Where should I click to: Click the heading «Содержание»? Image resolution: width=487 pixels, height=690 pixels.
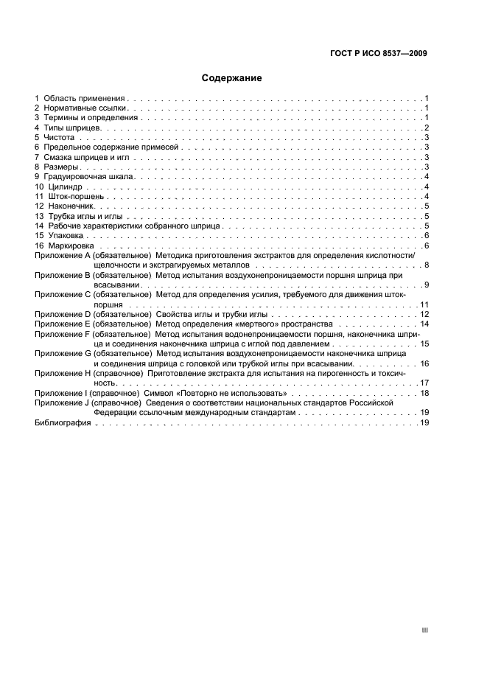coord(232,77)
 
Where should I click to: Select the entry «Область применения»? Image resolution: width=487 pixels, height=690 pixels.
coord(85,98)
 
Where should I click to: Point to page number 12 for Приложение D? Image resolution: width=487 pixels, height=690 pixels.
coord(424,314)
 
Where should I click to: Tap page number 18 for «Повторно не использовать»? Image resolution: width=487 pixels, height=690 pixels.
coord(424,394)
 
